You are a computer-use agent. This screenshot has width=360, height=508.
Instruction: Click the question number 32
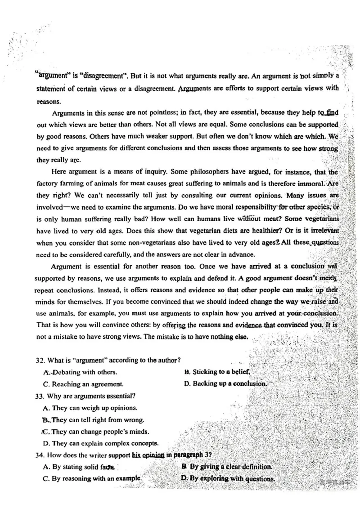40,360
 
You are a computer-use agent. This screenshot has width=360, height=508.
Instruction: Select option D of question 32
225,384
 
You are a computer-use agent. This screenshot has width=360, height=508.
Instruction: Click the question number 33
40,396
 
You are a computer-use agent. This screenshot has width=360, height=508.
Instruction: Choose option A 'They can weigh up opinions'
90,408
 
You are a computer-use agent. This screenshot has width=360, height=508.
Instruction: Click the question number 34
40,455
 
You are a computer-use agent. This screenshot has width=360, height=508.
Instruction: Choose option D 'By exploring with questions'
228,479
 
